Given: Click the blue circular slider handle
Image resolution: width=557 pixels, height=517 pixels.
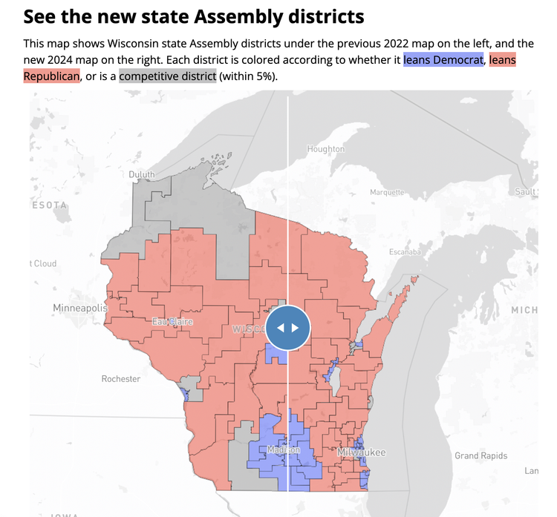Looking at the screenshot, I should [x=287, y=327].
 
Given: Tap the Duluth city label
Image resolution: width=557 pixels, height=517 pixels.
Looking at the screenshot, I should [x=142, y=174].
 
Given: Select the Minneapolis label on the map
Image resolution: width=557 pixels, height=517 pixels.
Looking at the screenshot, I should [x=79, y=307].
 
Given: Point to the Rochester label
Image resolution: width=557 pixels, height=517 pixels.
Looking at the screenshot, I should [x=120, y=378].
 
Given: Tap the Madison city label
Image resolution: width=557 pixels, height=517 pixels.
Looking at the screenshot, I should [x=284, y=450].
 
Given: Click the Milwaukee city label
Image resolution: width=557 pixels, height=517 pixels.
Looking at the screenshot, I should [x=361, y=452].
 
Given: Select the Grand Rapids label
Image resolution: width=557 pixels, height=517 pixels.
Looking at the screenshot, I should [x=481, y=455].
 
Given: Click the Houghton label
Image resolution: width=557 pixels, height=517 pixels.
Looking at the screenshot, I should [x=325, y=149].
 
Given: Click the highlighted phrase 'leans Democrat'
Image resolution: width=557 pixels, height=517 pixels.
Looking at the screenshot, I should [x=443, y=59].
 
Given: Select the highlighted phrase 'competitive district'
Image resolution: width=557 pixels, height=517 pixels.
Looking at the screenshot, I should [x=167, y=76].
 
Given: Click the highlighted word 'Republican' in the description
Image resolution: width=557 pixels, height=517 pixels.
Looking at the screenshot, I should [x=51, y=76].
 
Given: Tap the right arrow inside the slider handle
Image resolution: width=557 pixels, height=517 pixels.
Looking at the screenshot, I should [x=296, y=327].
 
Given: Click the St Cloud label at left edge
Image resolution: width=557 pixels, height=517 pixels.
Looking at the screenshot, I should [x=44, y=263].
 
